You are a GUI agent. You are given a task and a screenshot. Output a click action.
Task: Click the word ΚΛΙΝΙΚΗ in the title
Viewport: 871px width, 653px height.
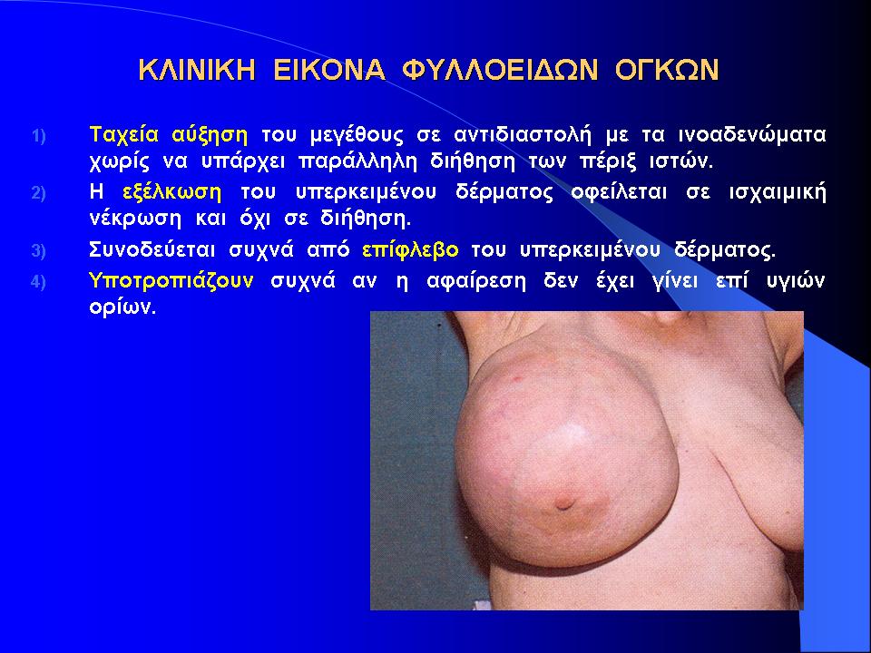point(197,71)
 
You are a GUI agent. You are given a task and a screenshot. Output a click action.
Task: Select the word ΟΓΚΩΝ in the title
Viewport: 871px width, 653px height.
point(667,71)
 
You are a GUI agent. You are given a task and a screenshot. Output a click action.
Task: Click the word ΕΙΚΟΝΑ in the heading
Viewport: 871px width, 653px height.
point(328,71)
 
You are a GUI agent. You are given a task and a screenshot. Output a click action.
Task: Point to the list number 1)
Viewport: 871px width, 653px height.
point(38,136)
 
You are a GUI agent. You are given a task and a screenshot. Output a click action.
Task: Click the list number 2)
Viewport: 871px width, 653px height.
point(38,193)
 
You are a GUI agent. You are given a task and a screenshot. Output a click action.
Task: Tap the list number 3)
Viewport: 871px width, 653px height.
point(38,251)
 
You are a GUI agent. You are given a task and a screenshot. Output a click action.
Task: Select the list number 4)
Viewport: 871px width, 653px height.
point(38,282)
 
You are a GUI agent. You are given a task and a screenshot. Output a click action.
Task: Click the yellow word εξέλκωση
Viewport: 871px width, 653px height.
point(172,192)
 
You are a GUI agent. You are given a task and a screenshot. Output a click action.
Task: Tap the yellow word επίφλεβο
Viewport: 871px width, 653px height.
point(410,250)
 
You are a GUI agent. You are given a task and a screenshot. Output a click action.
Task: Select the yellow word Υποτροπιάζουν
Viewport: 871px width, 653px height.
point(171,281)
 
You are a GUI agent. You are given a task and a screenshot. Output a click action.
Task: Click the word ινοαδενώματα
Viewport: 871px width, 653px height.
point(753,135)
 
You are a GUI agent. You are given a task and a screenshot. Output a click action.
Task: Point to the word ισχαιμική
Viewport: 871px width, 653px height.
point(778,193)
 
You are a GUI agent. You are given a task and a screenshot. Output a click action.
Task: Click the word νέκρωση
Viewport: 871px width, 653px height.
point(135,219)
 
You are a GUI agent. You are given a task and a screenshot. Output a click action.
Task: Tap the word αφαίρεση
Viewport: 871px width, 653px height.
point(476,281)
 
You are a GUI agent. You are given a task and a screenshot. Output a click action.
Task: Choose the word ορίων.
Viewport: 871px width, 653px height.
point(122,307)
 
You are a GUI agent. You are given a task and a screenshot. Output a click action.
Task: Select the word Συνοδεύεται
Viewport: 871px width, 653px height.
point(152,250)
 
